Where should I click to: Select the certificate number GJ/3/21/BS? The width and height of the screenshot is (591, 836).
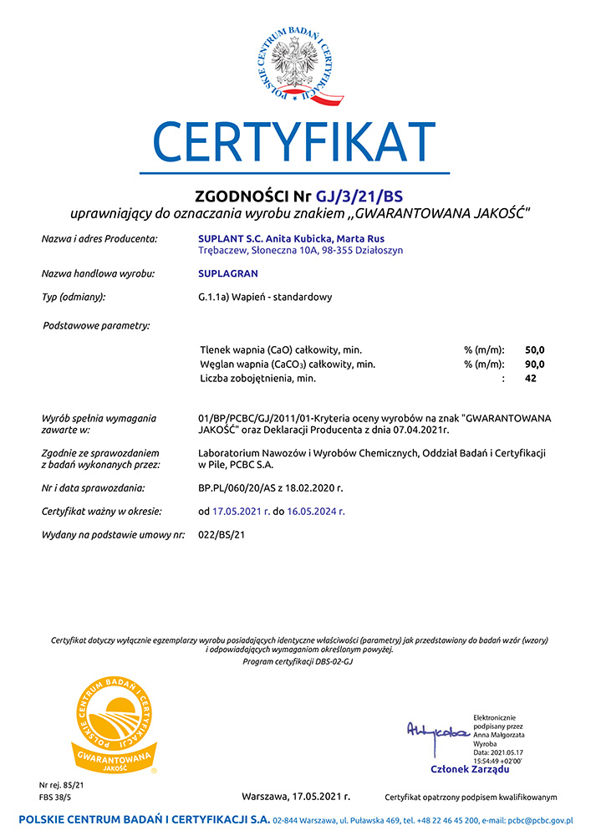359,196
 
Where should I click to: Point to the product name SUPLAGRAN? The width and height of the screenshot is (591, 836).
228,273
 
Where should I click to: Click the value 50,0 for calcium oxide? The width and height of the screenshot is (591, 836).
534,349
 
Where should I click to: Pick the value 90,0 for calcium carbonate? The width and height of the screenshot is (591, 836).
534,364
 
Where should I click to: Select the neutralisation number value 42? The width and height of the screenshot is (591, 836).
530,379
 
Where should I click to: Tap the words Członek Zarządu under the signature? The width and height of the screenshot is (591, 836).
469,769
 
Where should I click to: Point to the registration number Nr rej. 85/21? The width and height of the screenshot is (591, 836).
62,786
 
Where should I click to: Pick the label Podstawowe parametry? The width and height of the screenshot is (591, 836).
96,325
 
